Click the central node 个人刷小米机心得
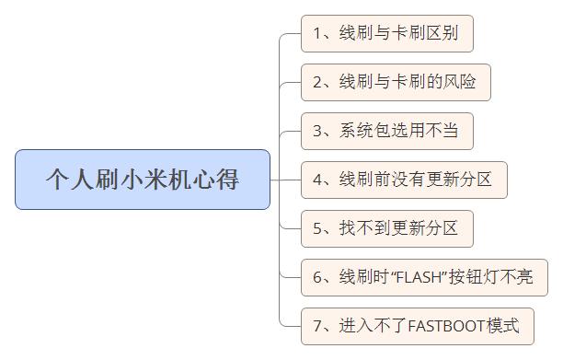tap(143, 179)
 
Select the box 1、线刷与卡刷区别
tap(386, 34)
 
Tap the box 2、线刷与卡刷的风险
tap(395, 82)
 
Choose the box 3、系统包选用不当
tap(386, 131)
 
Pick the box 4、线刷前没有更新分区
tap(403, 179)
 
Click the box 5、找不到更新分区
tap(386, 227)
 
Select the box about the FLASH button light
tap(423, 277)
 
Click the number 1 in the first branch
tap(317, 34)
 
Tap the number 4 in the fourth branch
tap(317, 179)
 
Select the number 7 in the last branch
tap(317, 325)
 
